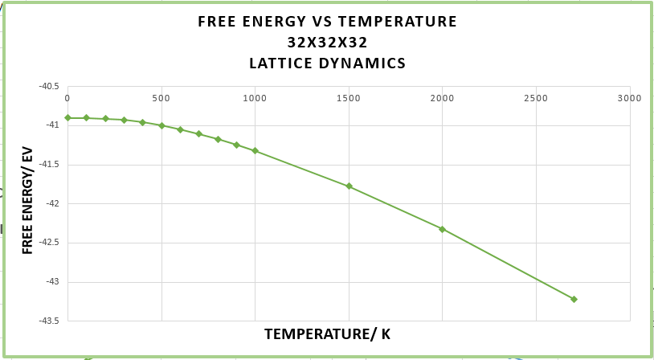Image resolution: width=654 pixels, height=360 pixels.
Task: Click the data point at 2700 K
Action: (574, 299)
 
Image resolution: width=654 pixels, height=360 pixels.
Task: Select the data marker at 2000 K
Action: (442, 229)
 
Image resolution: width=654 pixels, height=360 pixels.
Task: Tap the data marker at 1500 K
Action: (349, 186)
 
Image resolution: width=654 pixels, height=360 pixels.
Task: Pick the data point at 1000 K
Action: (255, 150)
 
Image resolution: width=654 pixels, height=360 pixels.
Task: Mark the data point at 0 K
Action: (67, 117)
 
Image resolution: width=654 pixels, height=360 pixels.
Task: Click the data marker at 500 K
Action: (161, 125)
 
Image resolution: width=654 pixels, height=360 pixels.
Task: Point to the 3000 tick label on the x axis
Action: (629, 98)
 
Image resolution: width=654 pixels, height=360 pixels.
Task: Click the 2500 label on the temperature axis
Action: (536, 98)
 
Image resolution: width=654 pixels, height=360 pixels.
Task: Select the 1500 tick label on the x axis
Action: (349, 98)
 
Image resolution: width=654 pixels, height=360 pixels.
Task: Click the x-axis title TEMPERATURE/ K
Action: (327, 333)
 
